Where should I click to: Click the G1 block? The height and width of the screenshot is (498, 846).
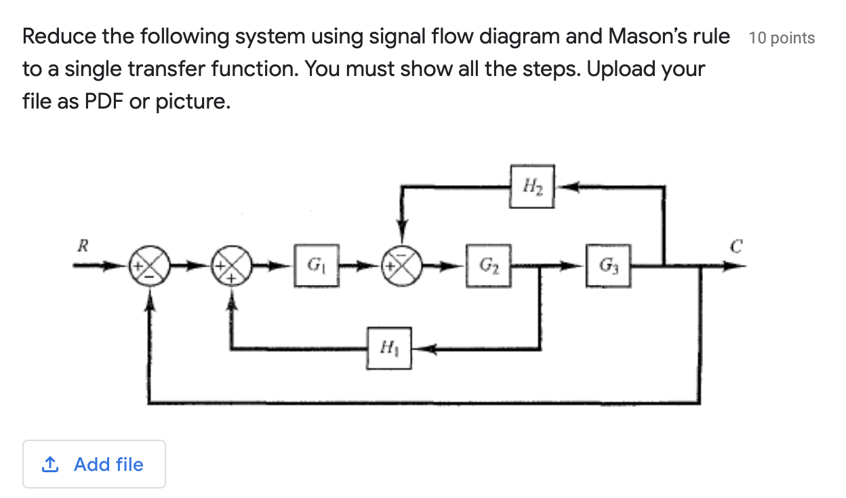click(315, 265)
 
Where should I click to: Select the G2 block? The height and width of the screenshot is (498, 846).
click(487, 265)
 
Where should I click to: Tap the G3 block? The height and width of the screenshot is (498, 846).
click(607, 265)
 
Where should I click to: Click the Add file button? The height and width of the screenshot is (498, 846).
click(94, 464)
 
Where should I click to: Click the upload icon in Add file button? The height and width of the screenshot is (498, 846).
click(49, 465)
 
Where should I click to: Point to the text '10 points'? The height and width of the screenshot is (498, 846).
click(782, 38)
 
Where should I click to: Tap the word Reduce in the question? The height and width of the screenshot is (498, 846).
click(59, 36)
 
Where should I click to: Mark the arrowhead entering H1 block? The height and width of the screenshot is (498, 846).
click(422, 349)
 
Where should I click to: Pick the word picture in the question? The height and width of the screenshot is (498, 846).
click(191, 102)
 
